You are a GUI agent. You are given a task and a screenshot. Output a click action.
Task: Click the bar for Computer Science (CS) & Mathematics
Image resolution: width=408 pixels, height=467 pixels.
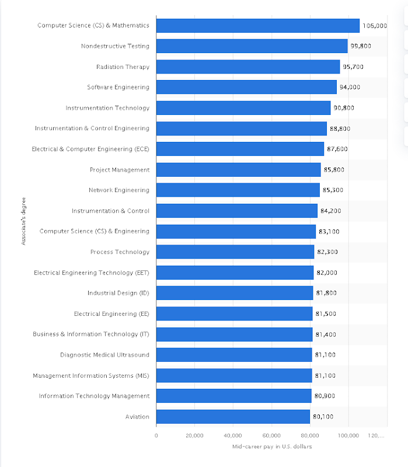click(x=257, y=26)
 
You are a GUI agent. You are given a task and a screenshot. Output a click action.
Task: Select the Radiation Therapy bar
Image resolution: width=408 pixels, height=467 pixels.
click(x=247, y=67)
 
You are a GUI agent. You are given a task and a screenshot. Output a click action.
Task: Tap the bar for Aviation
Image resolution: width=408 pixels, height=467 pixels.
click(x=233, y=417)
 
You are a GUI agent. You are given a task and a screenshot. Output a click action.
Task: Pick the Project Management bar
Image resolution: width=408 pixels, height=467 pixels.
click(x=238, y=170)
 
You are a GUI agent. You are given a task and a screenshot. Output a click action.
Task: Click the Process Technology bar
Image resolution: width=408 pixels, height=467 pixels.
click(x=235, y=252)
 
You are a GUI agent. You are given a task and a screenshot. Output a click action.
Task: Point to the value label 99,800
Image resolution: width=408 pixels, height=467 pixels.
click(x=360, y=46)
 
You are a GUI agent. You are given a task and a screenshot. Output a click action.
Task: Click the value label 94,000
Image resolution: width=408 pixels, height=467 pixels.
click(x=350, y=87)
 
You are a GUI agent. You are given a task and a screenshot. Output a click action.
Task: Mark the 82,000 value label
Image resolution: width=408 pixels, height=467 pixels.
click(x=327, y=273)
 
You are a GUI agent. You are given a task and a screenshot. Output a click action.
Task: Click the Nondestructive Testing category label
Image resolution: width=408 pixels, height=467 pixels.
click(x=115, y=46)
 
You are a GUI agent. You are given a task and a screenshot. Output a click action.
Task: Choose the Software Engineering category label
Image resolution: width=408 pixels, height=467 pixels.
click(x=118, y=87)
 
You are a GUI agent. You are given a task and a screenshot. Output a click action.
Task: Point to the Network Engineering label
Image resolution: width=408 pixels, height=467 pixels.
click(x=119, y=190)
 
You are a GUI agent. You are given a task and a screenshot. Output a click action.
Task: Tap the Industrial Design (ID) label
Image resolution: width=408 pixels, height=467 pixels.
click(x=118, y=293)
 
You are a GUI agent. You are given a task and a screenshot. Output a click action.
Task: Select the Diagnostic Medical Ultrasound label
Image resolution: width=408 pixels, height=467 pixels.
click(x=104, y=355)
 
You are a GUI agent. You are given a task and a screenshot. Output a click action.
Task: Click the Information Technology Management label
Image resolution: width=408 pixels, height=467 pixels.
click(x=94, y=396)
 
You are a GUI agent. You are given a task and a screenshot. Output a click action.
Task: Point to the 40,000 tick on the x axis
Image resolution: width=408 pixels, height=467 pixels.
click(x=233, y=435)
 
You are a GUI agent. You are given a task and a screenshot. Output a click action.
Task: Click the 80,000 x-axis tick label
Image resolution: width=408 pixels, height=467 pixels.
click(x=310, y=435)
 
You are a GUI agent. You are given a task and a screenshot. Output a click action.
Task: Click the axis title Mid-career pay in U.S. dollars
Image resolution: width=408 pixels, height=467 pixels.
click(x=271, y=447)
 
